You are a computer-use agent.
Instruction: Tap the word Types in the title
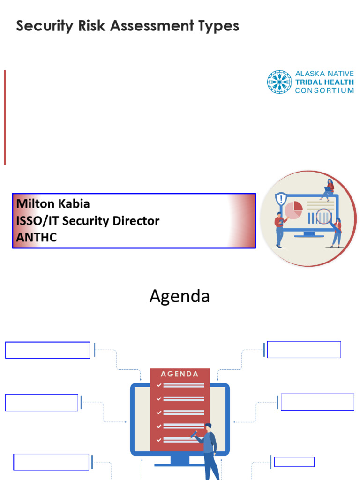coord(220,27)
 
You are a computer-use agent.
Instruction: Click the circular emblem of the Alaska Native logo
coord(279,82)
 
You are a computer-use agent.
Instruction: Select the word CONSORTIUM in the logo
coord(324,90)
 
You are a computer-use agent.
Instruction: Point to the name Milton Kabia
coord(53,204)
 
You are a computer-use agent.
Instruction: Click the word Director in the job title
coord(138,221)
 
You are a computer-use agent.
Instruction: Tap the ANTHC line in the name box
coord(37,237)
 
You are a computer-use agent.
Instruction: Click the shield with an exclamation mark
coord(281,198)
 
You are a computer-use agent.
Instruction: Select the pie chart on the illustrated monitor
coord(293,210)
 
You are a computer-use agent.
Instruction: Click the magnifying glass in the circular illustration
coord(324,217)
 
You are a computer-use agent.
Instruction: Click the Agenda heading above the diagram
coord(180,296)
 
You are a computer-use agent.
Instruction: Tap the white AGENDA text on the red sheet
coord(180,374)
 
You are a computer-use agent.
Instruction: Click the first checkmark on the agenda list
coord(159,385)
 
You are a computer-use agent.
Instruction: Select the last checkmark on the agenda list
coord(159,440)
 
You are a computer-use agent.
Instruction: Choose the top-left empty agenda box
coord(47,350)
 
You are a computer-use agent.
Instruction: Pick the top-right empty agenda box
coord(304,350)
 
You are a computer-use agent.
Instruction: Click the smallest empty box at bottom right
coord(294,462)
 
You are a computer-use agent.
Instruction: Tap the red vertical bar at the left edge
coord(5,117)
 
